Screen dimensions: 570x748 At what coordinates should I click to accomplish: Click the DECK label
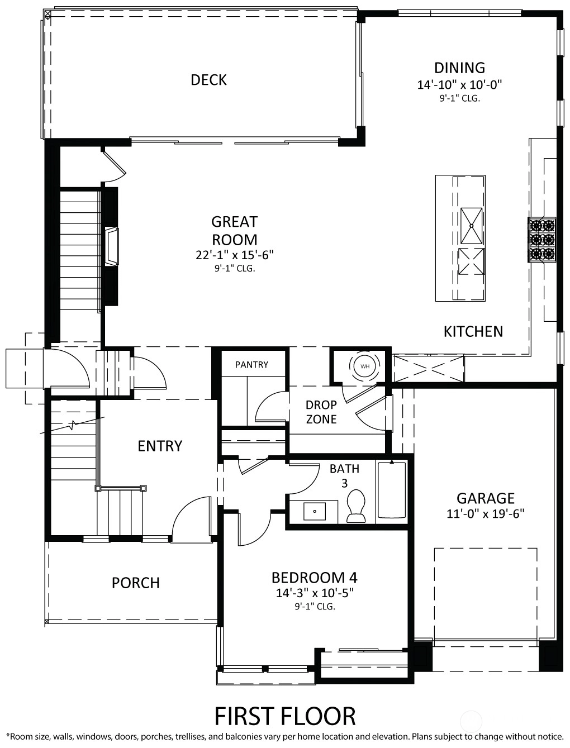(208, 80)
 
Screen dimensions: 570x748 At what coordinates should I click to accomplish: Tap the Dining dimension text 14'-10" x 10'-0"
(460, 84)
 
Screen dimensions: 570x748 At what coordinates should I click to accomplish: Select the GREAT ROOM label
(235, 231)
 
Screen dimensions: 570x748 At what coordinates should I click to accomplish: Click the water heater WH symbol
(365, 366)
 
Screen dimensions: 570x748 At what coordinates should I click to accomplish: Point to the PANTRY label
(251, 365)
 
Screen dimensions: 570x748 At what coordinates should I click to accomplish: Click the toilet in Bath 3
(356, 506)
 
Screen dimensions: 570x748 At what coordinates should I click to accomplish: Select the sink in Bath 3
(314, 511)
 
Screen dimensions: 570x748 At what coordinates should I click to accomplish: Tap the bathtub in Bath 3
(392, 490)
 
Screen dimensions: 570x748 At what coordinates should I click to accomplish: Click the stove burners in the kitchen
(542, 240)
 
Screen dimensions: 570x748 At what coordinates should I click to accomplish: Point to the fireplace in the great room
(112, 246)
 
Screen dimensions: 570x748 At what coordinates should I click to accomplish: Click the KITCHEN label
(473, 332)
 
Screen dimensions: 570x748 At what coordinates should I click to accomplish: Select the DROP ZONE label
(321, 412)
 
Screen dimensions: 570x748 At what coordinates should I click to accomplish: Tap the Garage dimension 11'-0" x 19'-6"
(486, 513)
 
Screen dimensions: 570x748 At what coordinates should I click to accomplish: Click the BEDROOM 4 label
(314, 578)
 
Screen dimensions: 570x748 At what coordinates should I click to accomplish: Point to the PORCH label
(136, 583)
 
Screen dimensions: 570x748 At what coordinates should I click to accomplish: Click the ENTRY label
(160, 446)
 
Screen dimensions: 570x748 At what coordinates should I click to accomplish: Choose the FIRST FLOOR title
(285, 716)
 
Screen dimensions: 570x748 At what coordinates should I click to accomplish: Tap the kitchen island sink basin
(472, 226)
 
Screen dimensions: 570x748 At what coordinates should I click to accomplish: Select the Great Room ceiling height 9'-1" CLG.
(235, 269)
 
